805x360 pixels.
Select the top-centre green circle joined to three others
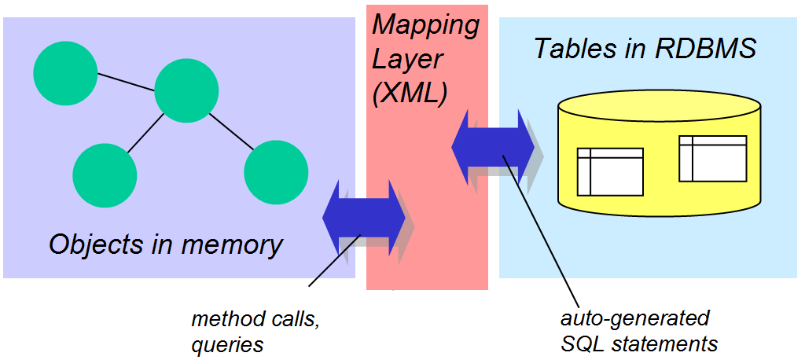coord(186,91)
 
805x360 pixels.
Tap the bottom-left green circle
coord(105,174)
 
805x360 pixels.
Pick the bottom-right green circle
coord(276,172)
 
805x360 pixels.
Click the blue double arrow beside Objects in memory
coord(363,217)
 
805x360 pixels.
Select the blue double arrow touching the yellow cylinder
coord(492,147)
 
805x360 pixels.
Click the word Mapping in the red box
coord(425,24)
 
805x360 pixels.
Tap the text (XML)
coord(410,94)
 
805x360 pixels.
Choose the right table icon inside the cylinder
coord(712,158)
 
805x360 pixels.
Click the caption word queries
coord(227,344)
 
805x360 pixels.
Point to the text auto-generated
coord(635,318)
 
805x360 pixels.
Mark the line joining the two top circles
coord(126,82)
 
